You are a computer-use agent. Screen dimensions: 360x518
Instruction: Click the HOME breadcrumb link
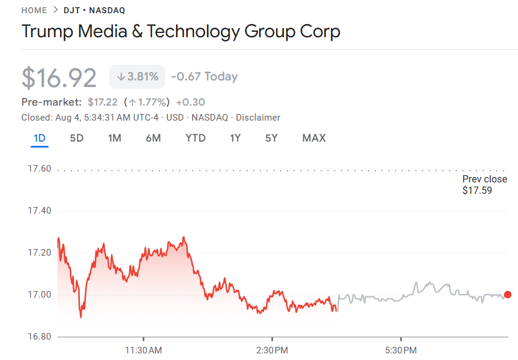pyautogui.click(x=34, y=10)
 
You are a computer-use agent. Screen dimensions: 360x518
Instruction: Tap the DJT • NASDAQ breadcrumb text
pyautogui.click(x=94, y=10)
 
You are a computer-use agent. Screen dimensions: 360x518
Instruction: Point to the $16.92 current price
pyautogui.click(x=59, y=77)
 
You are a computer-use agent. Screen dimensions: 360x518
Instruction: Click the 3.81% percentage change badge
pyautogui.click(x=137, y=77)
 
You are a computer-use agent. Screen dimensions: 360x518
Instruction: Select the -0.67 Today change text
pyautogui.click(x=204, y=77)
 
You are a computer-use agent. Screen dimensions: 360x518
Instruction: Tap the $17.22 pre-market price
pyautogui.click(x=102, y=102)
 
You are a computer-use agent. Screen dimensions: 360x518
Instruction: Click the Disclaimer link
pyautogui.click(x=258, y=118)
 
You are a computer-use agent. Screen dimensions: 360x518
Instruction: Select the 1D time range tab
pyautogui.click(x=40, y=138)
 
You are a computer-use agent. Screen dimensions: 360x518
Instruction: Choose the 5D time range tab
pyautogui.click(x=76, y=138)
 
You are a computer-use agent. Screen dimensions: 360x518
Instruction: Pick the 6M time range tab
pyautogui.click(x=153, y=138)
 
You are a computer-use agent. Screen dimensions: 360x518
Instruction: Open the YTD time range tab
pyautogui.click(x=195, y=138)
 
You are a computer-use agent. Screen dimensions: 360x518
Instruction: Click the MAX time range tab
pyautogui.click(x=314, y=138)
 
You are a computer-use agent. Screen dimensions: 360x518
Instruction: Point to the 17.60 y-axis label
pyautogui.click(x=40, y=169)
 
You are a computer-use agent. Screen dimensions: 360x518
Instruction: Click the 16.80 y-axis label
pyautogui.click(x=40, y=337)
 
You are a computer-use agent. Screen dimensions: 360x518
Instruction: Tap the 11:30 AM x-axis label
pyautogui.click(x=143, y=350)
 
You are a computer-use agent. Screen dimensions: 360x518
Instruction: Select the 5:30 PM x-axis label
pyautogui.click(x=401, y=350)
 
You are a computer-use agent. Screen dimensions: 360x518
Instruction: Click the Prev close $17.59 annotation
pyautogui.click(x=484, y=185)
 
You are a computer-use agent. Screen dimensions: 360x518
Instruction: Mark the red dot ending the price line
pyautogui.click(x=508, y=295)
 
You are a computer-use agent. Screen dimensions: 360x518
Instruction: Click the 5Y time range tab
pyautogui.click(x=271, y=138)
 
